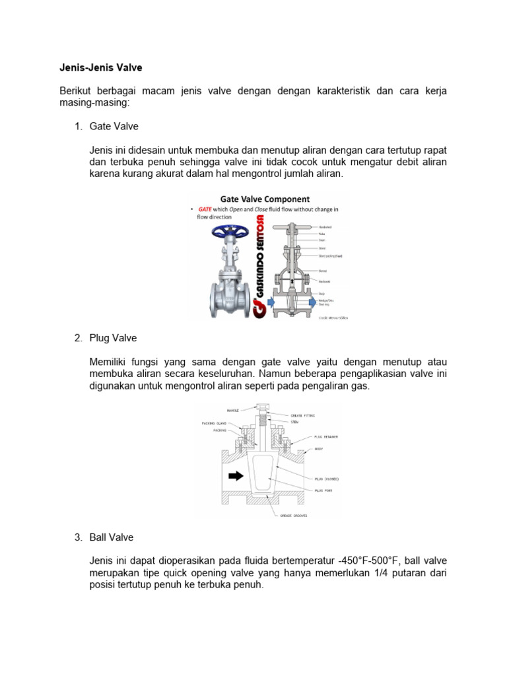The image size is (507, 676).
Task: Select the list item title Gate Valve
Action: point(114,126)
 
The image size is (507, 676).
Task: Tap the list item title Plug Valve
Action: point(113,338)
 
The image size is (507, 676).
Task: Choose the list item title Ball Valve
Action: point(112,537)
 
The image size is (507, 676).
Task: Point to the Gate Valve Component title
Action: point(265,199)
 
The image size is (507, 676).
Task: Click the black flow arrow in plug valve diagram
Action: point(234,475)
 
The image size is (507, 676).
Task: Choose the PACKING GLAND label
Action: point(215,422)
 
